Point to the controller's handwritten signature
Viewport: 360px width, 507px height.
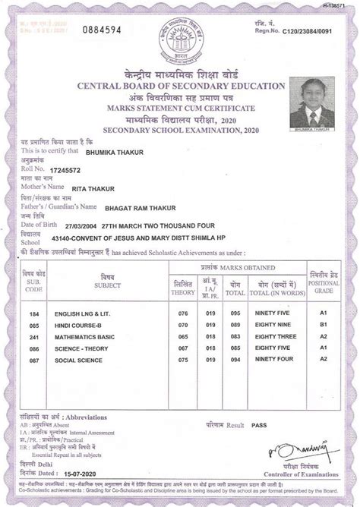pyautogui.click(x=301, y=454)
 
